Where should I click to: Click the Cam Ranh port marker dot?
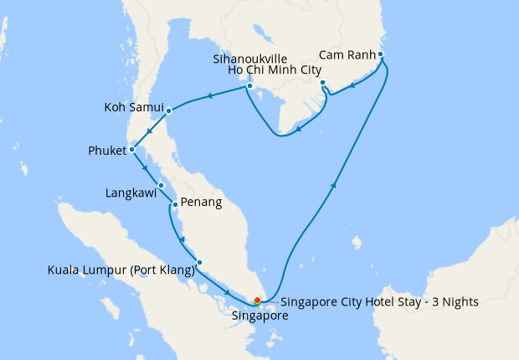click(381, 55)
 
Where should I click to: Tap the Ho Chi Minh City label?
click(275, 71)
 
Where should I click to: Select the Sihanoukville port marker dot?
click(249, 86)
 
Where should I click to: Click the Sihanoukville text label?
click(249, 59)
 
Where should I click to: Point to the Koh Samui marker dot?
click(168, 111)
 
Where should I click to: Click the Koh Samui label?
click(132, 108)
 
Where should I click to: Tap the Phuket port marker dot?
click(131, 151)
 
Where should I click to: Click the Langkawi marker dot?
click(162, 186)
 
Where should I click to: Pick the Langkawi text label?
click(131, 193)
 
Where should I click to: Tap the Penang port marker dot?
click(174, 203)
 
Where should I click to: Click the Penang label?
click(201, 203)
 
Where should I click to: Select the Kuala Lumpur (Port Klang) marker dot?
click(199, 263)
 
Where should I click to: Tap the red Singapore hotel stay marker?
click(257, 301)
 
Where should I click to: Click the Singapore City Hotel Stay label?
click(379, 302)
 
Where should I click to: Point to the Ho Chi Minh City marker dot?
click(322, 83)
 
